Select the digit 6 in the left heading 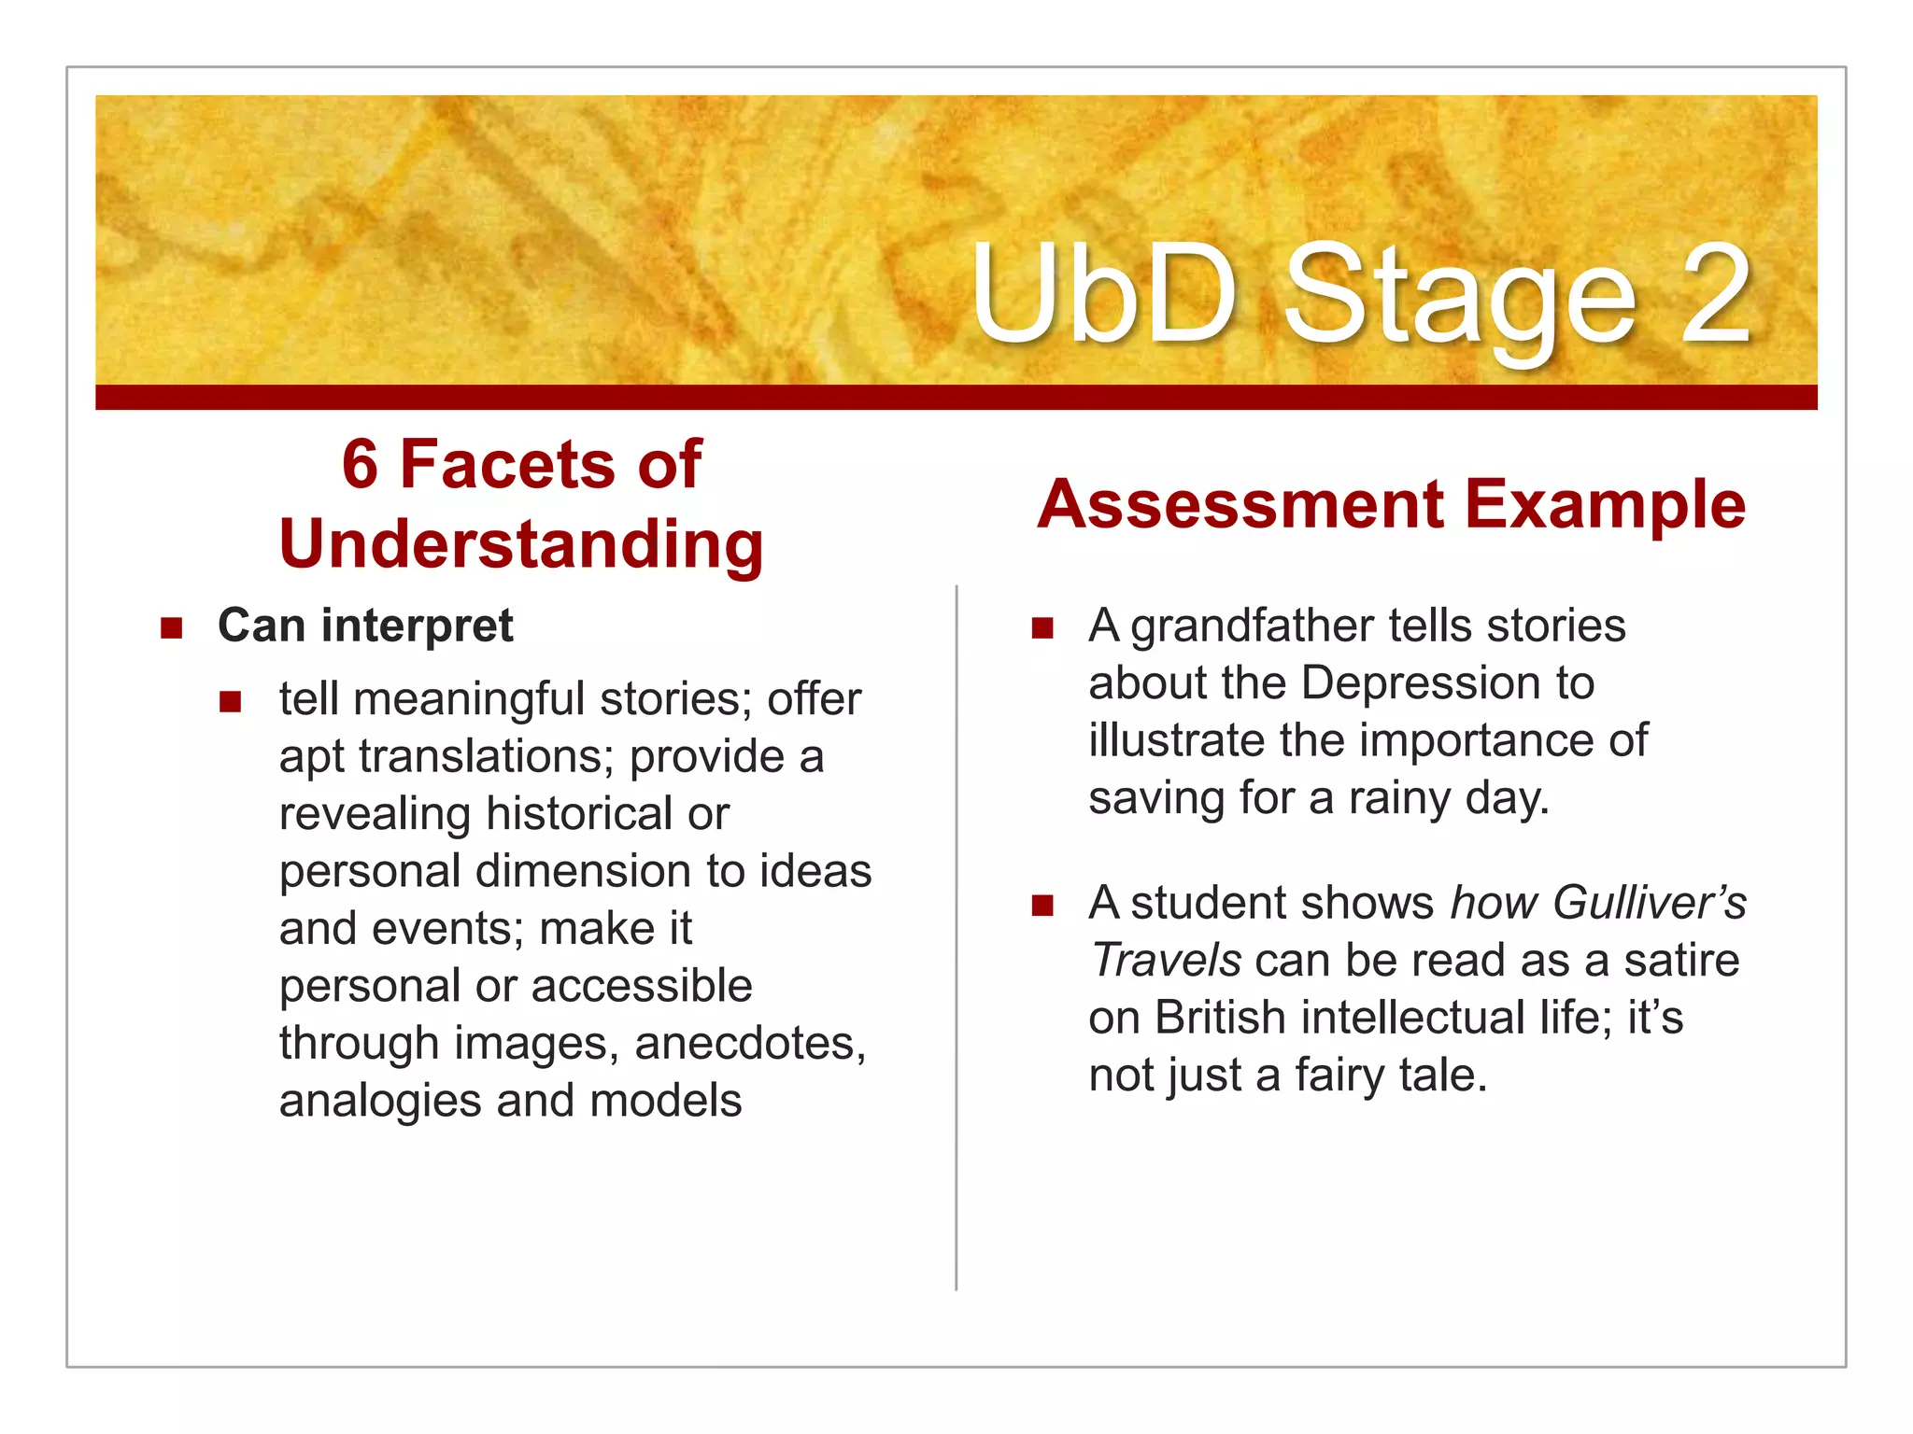[360, 464]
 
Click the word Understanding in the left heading [521, 544]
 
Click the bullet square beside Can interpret [171, 627]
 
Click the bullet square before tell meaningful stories [231, 701]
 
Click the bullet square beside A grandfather [1042, 627]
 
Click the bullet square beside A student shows [1042, 905]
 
